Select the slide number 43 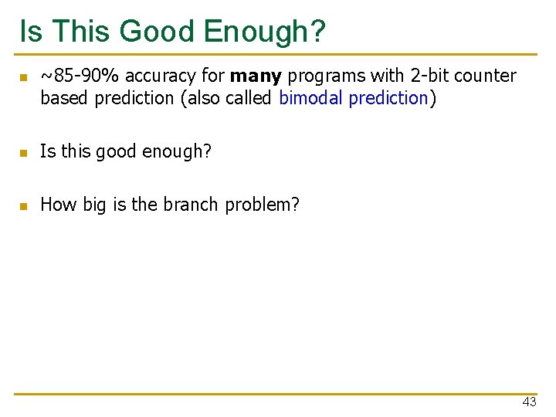click(x=529, y=402)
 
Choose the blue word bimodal click(x=311, y=98)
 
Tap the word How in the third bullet click(x=56, y=205)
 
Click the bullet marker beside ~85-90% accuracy click(x=24, y=77)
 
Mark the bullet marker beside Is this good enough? click(x=24, y=153)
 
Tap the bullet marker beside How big click(x=24, y=206)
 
